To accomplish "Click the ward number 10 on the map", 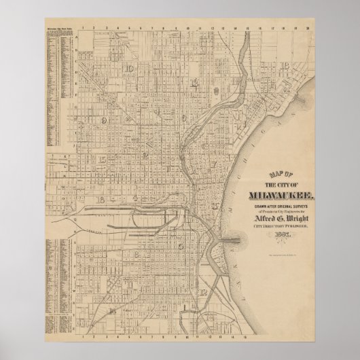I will (x=129, y=69).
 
